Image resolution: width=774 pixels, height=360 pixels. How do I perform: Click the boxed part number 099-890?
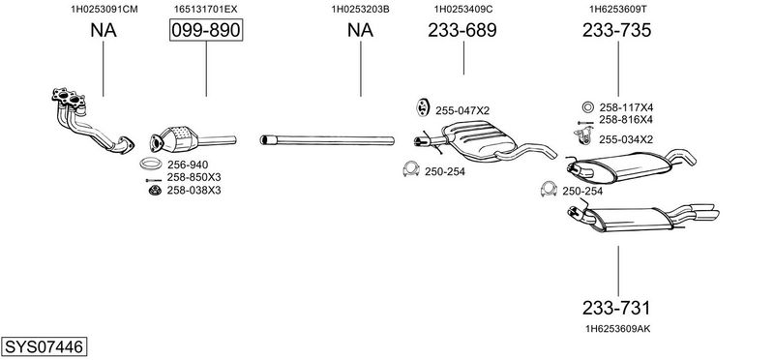pyautogui.click(x=206, y=31)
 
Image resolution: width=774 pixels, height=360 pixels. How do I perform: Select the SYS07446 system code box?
pyautogui.click(x=44, y=346)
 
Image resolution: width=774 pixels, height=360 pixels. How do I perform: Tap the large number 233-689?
pyautogui.click(x=462, y=31)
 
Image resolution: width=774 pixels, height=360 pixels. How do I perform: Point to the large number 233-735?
pyautogui.click(x=616, y=31)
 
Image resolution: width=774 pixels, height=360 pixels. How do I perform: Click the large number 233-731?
pyautogui.click(x=616, y=308)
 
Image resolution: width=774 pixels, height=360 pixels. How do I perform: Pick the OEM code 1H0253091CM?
pyautogui.click(x=104, y=9)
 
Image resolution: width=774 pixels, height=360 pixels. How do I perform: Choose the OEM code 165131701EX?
pyautogui.click(x=205, y=9)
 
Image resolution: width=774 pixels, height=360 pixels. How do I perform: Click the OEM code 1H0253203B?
pyautogui.click(x=360, y=9)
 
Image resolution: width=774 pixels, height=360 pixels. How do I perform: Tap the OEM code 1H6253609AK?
pyautogui.click(x=617, y=328)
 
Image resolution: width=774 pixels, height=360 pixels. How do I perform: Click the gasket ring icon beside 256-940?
pyautogui.click(x=152, y=163)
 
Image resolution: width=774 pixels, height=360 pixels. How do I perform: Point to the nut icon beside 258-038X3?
pyautogui.click(x=156, y=190)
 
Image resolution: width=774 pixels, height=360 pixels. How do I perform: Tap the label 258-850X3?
pyautogui.click(x=194, y=177)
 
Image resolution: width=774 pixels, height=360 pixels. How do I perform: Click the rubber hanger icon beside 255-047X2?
pyautogui.click(x=422, y=107)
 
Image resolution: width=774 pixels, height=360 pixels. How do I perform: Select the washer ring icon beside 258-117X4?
pyautogui.click(x=587, y=107)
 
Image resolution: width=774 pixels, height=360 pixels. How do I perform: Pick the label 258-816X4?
pyautogui.click(x=626, y=119)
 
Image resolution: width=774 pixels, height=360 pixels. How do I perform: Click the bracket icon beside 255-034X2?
pyautogui.click(x=583, y=135)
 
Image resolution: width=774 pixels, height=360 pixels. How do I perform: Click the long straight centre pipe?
pyautogui.click(x=327, y=140)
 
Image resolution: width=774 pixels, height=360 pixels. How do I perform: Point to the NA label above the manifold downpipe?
pyautogui.click(x=104, y=31)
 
